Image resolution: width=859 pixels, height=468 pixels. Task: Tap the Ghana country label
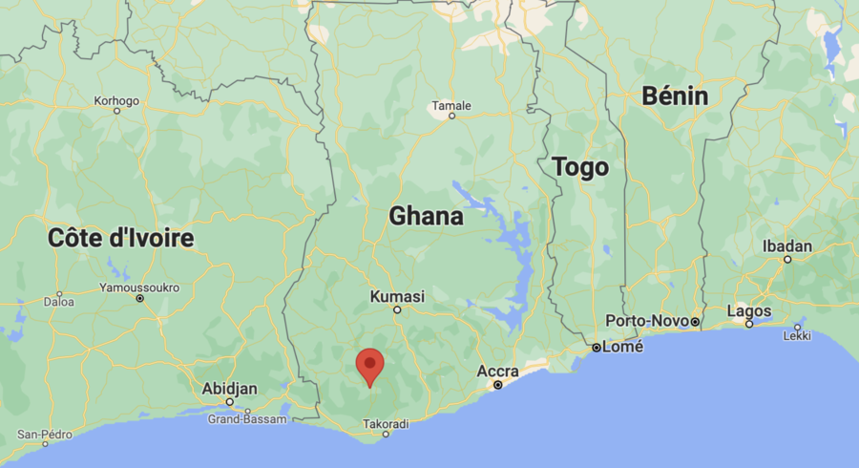pos(426,217)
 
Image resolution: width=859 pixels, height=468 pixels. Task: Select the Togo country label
pos(579,168)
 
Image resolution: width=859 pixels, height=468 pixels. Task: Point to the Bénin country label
pos(675,96)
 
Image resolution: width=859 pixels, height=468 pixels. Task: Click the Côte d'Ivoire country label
pos(121,238)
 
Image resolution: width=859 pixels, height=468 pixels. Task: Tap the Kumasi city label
pos(397,296)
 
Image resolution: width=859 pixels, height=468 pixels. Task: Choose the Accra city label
pos(498,371)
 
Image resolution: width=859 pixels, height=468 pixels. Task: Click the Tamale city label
pos(451,104)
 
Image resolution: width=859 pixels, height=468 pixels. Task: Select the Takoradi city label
pos(386,423)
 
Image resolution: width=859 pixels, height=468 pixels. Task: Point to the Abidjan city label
pos(229,388)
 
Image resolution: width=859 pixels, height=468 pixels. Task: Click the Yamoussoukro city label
pos(139,286)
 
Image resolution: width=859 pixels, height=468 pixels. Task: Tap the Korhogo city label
pos(116,99)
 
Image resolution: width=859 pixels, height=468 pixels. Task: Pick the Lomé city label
pos(622,347)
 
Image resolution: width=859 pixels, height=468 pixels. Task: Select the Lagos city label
pos(749,310)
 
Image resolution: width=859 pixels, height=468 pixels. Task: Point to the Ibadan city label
pos(787,246)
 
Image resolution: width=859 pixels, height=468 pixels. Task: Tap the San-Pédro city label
pos(45,435)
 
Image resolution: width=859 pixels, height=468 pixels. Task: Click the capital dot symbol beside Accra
pos(497,385)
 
